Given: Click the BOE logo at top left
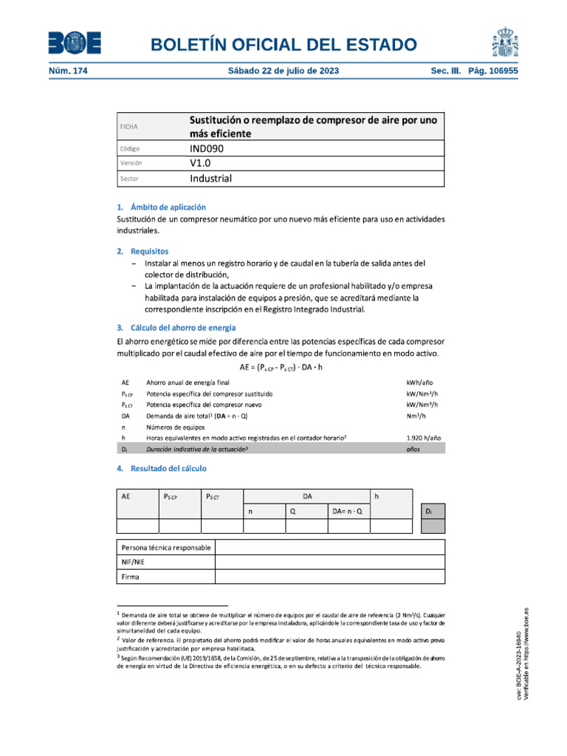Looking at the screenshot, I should (75, 44).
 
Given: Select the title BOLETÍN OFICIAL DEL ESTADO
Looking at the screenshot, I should (283, 45).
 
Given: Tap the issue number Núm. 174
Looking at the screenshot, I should (66, 72).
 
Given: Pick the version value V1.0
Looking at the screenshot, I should (201, 163).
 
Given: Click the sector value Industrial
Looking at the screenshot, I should (210, 179).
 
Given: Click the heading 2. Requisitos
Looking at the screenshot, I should (142, 251).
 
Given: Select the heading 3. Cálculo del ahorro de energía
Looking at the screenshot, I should (176, 327).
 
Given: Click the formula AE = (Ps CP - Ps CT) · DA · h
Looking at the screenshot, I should (281, 368).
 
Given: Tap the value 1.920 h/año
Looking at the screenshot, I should (424, 437).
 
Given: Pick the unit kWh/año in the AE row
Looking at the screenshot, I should (419, 383).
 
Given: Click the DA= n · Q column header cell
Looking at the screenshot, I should (347, 511).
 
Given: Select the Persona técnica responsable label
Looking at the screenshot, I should (166, 547).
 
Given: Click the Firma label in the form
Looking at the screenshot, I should (130, 577).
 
